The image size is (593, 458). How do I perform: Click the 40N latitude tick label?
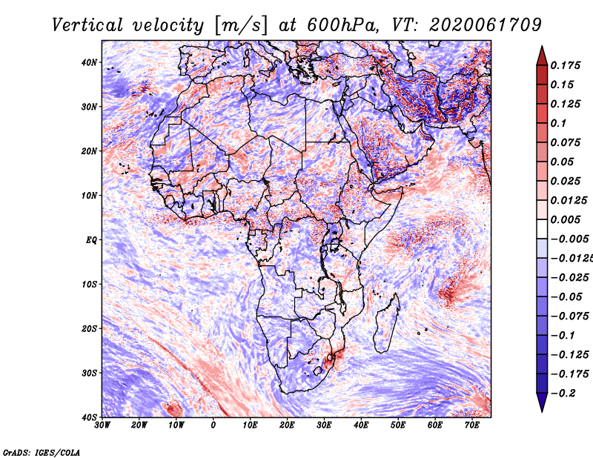click(89, 62)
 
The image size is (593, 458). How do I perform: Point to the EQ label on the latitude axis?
click(91, 240)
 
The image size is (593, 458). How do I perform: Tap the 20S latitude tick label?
click(89, 328)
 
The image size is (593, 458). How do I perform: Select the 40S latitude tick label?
click(89, 417)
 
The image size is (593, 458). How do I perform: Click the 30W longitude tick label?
click(102, 425)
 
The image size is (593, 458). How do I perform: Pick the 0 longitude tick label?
click(213, 425)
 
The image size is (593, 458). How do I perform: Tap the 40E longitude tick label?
click(361, 425)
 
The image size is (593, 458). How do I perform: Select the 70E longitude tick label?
click(472, 425)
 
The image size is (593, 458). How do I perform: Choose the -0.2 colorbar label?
click(563, 394)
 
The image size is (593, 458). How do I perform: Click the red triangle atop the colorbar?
click(542, 56)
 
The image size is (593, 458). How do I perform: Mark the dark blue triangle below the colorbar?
click(542, 402)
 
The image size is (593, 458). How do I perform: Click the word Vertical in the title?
click(87, 25)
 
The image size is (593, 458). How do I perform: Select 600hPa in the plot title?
click(341, 25)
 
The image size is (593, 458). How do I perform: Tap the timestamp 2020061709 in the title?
click(486, 25)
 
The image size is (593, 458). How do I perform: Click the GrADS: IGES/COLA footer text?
click(42, 452)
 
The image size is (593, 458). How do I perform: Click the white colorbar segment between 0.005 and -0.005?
click(542, 229)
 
